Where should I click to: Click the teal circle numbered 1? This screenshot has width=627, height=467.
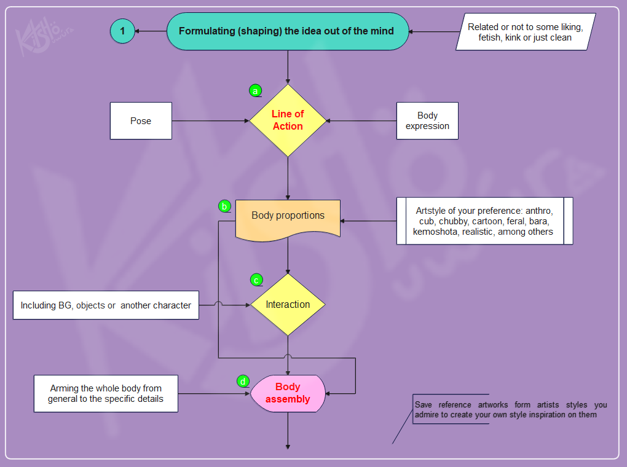(x=122, y=30)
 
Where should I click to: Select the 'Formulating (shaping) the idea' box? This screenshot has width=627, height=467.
(x=288, y=31)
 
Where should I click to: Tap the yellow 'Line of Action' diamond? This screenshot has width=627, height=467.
(x=288, y=120)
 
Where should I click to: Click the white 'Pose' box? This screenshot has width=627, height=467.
(x=141, y=121)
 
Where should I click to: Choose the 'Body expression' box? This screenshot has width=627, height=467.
(x=427, y=121)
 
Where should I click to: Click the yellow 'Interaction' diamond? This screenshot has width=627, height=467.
(x=288, y=305)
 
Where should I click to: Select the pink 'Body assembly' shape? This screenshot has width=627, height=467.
(x=288, y=393)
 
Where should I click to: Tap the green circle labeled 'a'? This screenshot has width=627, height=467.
(x=255, y=91)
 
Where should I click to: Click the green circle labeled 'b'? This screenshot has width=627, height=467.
(x=224, y=206)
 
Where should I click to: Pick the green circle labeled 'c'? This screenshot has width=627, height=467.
(x=256, y=280)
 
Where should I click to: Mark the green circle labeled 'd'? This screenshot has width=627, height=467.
(x=243, y=381)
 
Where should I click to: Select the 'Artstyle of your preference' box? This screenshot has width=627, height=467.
(x=484, y=221)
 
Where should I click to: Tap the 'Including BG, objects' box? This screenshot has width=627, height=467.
(x=106, y=305)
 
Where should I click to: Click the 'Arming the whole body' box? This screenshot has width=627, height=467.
(x=106, y=393)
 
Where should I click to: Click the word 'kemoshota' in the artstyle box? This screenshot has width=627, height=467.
(x=435, y=232)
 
